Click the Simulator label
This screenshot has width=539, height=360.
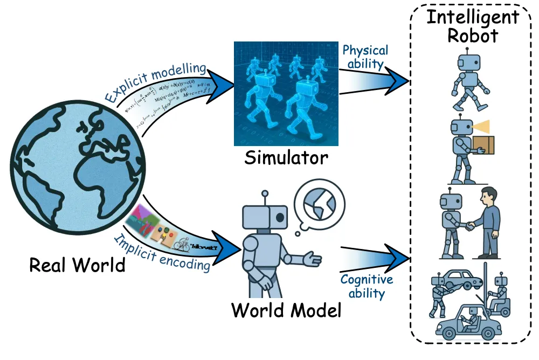[x=286, y=158]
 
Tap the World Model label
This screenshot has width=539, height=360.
[x=286, y=310]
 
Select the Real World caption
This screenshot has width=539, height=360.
[x=77, y=265]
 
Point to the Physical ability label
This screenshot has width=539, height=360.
[x=365, y=57]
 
